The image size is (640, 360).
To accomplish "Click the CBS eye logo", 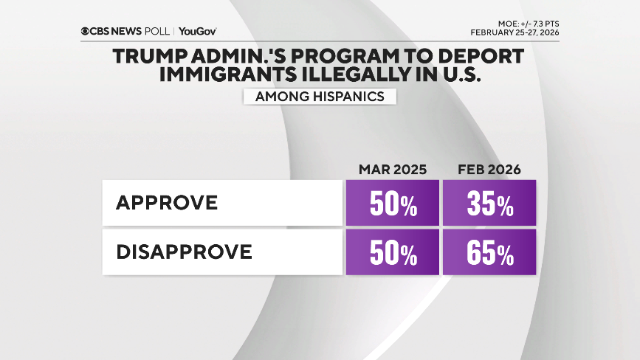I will click(86, 32).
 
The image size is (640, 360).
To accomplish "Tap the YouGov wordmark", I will click(198, 32).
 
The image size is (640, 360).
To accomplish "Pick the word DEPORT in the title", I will click(483, 56).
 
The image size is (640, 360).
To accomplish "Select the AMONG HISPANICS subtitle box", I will click(319, 97).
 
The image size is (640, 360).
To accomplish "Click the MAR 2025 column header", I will click(392, 170).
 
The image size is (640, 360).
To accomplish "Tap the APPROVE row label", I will click(167, 203).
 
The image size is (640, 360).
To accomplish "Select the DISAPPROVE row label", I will click(185, 252).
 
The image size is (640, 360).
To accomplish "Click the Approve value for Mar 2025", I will click(392, 204).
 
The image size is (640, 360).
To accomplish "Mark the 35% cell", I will click(489, 204).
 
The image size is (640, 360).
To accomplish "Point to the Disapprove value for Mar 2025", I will click(392, 253).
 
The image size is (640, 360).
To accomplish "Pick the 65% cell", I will click(489, 253).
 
